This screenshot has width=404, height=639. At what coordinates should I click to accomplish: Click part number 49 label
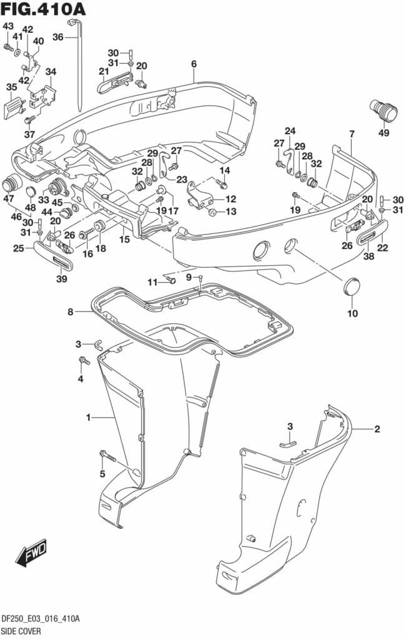[x=383, y=132]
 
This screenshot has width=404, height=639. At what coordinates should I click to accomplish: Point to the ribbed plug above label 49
[x=382, y=112]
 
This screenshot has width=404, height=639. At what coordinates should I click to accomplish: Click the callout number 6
[x=194, y=64]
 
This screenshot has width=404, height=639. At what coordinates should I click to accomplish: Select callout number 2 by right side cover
[x=377, y=429]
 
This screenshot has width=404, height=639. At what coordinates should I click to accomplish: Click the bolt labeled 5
[x=107, y=457]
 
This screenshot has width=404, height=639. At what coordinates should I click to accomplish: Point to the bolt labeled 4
[x=82, y=361]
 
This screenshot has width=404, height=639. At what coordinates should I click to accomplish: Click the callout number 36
[x=57, y=37]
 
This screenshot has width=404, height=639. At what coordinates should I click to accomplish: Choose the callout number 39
[x=62, y=278]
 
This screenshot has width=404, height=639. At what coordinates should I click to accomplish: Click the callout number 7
[x=352, y=134]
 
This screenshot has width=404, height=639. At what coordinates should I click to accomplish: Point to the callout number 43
[x=7, y=26]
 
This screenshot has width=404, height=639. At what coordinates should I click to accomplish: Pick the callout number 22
[x=382, y=248]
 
